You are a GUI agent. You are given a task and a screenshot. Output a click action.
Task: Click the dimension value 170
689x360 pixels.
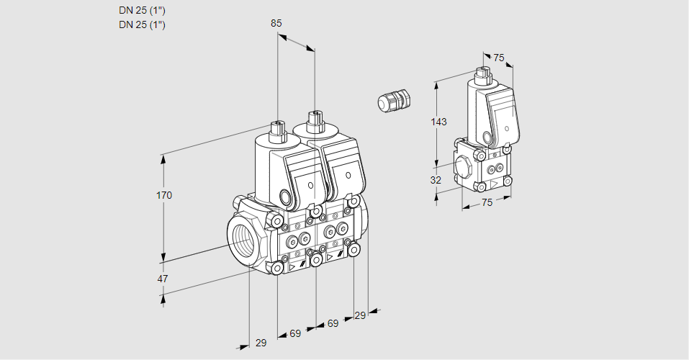165,195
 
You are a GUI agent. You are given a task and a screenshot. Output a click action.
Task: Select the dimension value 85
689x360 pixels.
276,23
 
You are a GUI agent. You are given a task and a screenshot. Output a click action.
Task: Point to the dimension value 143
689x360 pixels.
438,122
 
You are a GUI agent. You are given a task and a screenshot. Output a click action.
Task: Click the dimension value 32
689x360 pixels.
436,180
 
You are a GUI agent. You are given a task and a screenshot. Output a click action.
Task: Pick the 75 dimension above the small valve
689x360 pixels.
499,58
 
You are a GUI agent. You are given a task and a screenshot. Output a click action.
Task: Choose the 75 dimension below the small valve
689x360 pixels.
487,202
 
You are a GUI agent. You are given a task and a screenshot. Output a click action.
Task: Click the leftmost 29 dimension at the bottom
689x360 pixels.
261,343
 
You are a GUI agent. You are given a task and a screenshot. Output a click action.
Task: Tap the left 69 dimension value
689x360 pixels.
295,333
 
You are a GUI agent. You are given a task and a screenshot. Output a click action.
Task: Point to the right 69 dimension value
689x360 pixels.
333,323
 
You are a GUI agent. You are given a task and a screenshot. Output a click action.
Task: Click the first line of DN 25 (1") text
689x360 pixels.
142,11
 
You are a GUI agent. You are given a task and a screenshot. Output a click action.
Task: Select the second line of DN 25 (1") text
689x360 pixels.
142,24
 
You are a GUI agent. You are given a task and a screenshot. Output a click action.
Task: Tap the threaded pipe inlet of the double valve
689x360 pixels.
243,238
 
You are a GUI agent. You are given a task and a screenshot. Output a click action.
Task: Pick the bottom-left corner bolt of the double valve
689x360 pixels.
278,268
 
